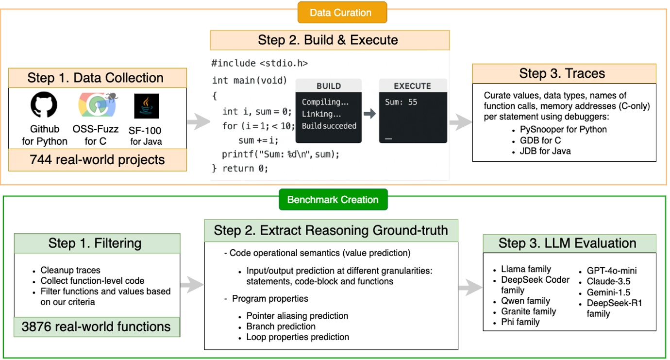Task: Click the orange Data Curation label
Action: point(342,13)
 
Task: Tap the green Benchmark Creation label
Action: point(333,200)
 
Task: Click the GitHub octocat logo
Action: point(44,105)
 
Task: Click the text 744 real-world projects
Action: point(97,160)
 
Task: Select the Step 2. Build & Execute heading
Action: point(329,40)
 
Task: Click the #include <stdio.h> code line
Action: point(259,63)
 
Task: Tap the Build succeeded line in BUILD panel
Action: point(329,126)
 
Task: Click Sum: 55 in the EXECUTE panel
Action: point(401,102)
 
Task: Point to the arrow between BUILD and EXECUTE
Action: point(370,114)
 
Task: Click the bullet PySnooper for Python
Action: point(563,130)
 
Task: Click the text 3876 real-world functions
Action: point(96,326)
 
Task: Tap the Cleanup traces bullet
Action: point(70,270)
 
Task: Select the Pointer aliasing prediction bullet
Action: point(297,316)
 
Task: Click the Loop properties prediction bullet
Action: point(297,337)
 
